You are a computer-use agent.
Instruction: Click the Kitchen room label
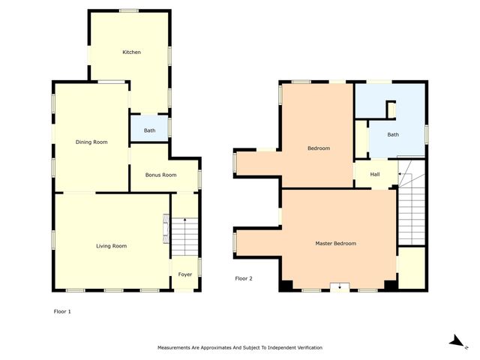[x=132, y=52]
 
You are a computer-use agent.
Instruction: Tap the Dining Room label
[x=91, y=142]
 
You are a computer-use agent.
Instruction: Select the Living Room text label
[x=111, y=246]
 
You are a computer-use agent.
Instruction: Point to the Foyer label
[x=184, y=275]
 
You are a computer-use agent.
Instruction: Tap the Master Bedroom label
[x=335, y=244]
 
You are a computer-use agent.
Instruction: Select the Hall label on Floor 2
[x=375, y=174]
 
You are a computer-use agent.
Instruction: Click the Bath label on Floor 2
[x=393, y=135]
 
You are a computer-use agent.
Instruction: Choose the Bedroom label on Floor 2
[x=319, y=148]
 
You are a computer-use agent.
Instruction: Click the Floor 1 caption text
[x=63, y=310]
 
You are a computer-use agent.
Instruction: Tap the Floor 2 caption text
[x=244, y=278]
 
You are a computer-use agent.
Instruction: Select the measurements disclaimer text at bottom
[x=240, y=348]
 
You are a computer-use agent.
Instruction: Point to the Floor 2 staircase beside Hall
[x=411, y=210]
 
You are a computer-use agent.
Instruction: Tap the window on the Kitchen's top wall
[x=129, y=10]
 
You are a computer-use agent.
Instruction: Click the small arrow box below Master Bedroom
[x=340, y=286]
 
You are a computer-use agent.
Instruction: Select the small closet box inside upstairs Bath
[x=391, y=110]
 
